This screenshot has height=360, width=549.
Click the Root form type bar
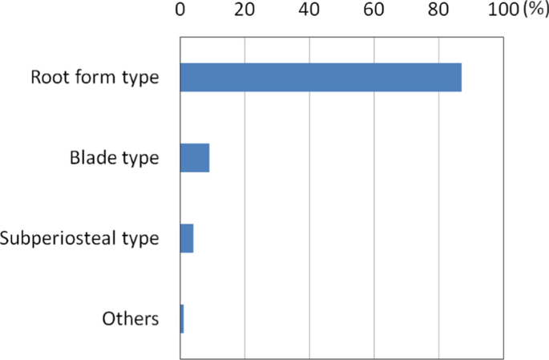coord(321,77)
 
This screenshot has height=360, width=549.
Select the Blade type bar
coord(195,158)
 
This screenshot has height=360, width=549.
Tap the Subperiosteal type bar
coord(187,238)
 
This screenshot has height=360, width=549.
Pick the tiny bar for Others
coord(182,318)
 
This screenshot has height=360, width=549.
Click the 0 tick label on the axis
coord(180,10)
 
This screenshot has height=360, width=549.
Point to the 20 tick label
coord(244,10)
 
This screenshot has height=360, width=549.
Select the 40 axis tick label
coord(309,10)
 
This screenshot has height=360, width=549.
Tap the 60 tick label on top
coord(373,10)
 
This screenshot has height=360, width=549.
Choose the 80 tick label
coord(438,10)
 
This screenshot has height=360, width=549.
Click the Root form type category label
coord(95,78)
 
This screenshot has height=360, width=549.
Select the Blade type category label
coord(114,158)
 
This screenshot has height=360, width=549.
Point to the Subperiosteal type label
coord(79,239)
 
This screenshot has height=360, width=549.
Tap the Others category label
coord(131,318)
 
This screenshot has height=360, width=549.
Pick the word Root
coord(47,78)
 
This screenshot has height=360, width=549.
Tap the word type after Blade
coord(138,159)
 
